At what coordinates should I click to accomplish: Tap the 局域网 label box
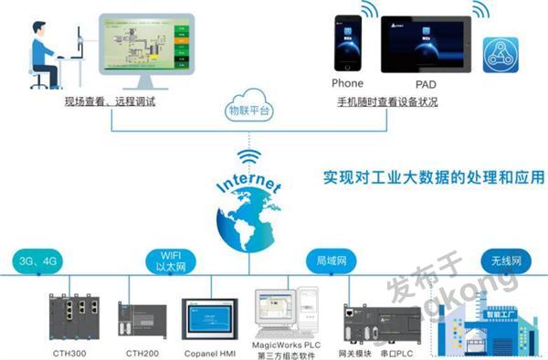327,260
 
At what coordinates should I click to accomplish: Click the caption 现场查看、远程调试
110,101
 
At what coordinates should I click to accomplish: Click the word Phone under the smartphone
348,84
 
